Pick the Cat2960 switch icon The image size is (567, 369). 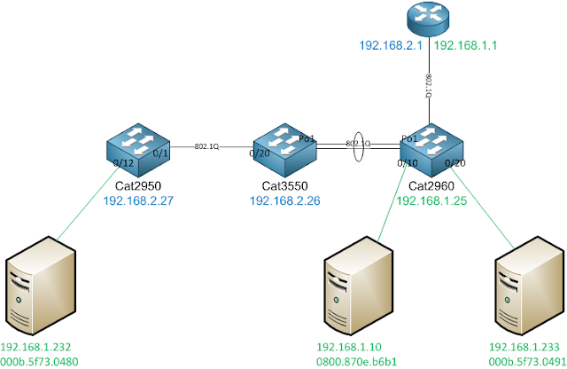pos(430,148)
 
